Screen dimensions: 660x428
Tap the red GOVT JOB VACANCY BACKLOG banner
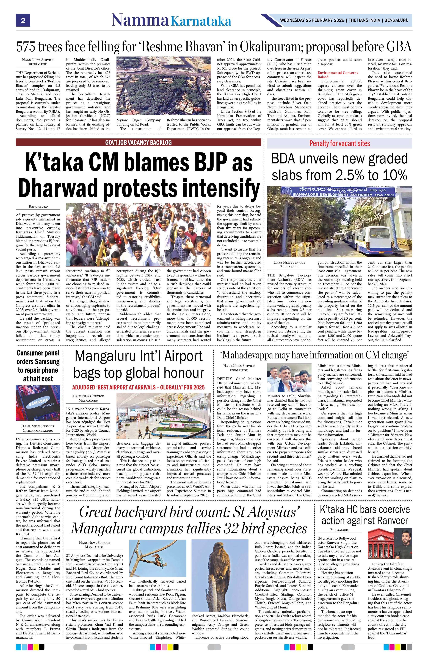138,142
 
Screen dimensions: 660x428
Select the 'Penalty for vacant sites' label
339,143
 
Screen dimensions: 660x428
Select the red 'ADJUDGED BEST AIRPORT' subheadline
138,387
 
